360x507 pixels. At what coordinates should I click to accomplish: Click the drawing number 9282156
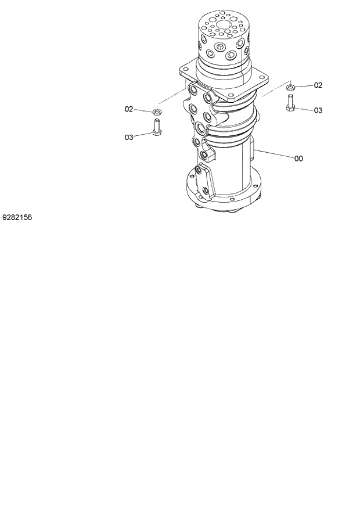[17, 217]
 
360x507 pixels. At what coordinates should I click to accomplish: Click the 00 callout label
[298, 158]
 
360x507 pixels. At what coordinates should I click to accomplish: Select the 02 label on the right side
[318, 85]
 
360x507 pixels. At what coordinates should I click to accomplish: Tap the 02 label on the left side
[129, 109]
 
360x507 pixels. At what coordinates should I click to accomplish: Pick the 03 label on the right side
[318, 110]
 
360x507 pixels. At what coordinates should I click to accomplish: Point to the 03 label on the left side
[129, 137]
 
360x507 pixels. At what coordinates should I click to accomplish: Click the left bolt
[156, 127]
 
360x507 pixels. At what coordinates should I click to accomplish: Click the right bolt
[291, 102]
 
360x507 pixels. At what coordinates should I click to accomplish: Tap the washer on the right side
[291, 87]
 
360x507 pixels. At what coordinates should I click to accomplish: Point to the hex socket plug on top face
[222, 46]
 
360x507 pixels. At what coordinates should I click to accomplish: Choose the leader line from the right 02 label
[304, 86]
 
